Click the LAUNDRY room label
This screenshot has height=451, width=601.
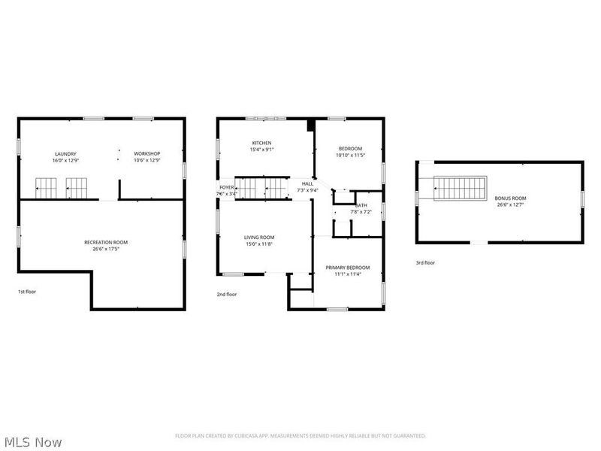[x=59, y=153]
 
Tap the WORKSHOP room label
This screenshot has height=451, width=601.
[x=147, y=153]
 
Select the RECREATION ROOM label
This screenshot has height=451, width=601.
[x=106, y=242]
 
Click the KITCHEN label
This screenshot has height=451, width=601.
[x=261, y=143]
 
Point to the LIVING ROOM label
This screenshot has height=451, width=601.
[x=259, y=238]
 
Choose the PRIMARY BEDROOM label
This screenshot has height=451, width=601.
[x=347, y=268]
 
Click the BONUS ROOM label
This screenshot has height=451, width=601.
[x=510, y=198]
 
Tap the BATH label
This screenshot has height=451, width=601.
[x=361, y=205]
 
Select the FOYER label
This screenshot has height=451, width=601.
[x=226, y=187]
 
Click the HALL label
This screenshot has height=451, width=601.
[x=307, y=183]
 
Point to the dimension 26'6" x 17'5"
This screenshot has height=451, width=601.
[x=106, y=249]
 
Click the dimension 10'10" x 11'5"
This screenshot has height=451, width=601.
[x=350, y=156]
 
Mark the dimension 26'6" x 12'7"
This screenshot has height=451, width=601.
[x=510, y=204]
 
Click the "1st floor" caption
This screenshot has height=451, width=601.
[x=26, y=291]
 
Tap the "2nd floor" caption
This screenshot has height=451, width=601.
[x=226, y=294]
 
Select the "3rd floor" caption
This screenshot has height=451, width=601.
[x=425, y=262]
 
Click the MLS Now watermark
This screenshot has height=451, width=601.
[x=32, y=442]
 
